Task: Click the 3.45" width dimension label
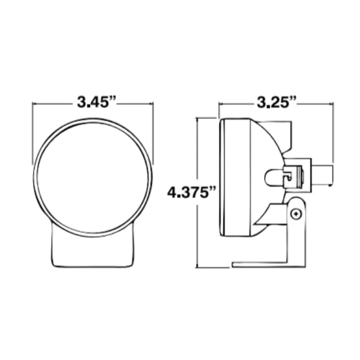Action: click(92, 102)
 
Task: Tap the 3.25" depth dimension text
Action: click(276, 102)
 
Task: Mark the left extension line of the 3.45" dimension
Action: click(33, 133)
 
